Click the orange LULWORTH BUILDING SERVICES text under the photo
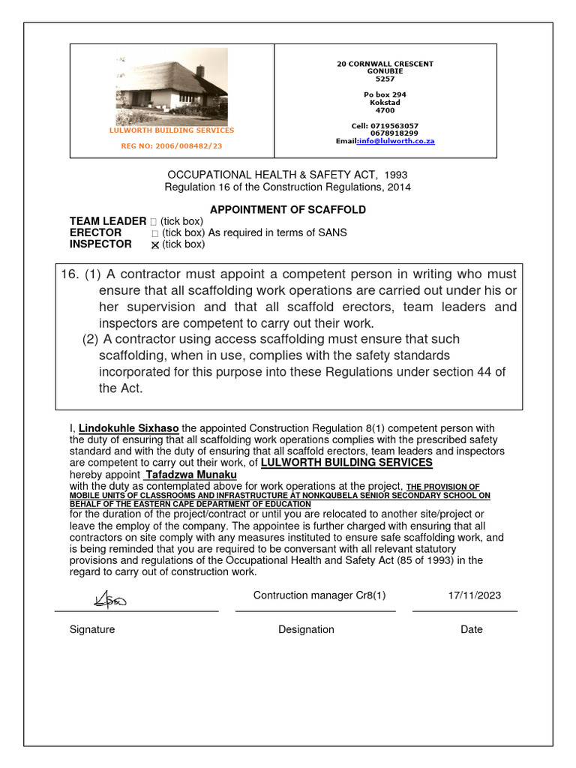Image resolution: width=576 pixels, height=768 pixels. [x=172, y=130]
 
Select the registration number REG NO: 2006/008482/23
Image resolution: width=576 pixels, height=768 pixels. [x=172, y=145]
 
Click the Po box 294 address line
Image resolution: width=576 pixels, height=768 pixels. [x=385, y=94]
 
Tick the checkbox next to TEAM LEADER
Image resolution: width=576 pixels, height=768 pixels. [x=154, y=222]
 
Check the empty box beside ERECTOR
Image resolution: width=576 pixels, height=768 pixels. [x=155, y=233]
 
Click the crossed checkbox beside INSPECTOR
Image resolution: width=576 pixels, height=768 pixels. [x=155, y=245]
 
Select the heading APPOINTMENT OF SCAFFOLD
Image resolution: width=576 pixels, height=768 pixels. [x=287, y=210]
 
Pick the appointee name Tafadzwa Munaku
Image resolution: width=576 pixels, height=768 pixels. [x=191, y=475]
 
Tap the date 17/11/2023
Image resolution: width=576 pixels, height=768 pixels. [x=474, y=595]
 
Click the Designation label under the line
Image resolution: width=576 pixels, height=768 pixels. [x=306, y=629]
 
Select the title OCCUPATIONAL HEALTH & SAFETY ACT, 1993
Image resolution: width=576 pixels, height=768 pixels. [x=287, y=175]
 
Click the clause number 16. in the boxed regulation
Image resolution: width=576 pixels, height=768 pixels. [x=69, y=274]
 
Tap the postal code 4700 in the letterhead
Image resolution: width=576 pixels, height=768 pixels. [x=385, y=110]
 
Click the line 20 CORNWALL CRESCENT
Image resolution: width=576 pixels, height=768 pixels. [x=385, y=64]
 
